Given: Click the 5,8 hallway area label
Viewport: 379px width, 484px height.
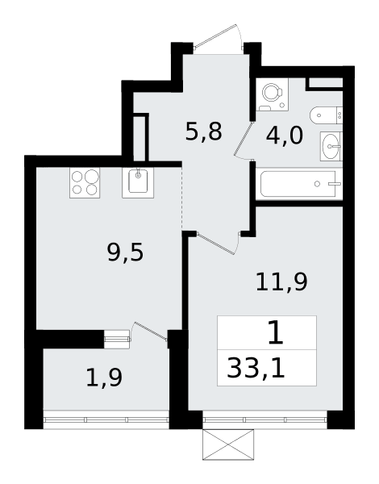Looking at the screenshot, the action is click(x=204, y=131).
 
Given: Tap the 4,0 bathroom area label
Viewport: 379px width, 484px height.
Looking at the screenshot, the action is click(x=285, y=136).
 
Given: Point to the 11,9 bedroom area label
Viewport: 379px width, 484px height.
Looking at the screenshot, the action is click(x=281, y=282).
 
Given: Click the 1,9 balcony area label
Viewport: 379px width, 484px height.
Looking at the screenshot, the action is click(x=104, y=378).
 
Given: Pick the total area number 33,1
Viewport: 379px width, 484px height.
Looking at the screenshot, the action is click(x=256, y=369).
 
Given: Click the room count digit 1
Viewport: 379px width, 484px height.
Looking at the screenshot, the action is click(x=276, y=332).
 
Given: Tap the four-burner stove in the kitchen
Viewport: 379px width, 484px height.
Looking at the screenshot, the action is click(x=85, y=183).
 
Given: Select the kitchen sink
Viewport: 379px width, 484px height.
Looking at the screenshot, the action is click(x=138, y=183).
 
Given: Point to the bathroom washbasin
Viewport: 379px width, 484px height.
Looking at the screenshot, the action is click(x=331, y=146).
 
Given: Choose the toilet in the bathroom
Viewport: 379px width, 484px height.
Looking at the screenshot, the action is click(x=327, y=115).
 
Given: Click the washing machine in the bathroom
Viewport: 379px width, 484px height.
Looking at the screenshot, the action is click(x=273, y=94).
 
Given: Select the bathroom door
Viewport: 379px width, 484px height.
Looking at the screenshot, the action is click(x=244, y=140).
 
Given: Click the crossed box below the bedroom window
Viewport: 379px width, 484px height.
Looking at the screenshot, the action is click(x=228, y=444).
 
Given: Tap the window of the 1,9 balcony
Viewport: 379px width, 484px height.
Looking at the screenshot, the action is click(x=106, y=419).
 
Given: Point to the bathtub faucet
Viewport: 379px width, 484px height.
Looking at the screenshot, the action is click(x=335, y=184).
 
